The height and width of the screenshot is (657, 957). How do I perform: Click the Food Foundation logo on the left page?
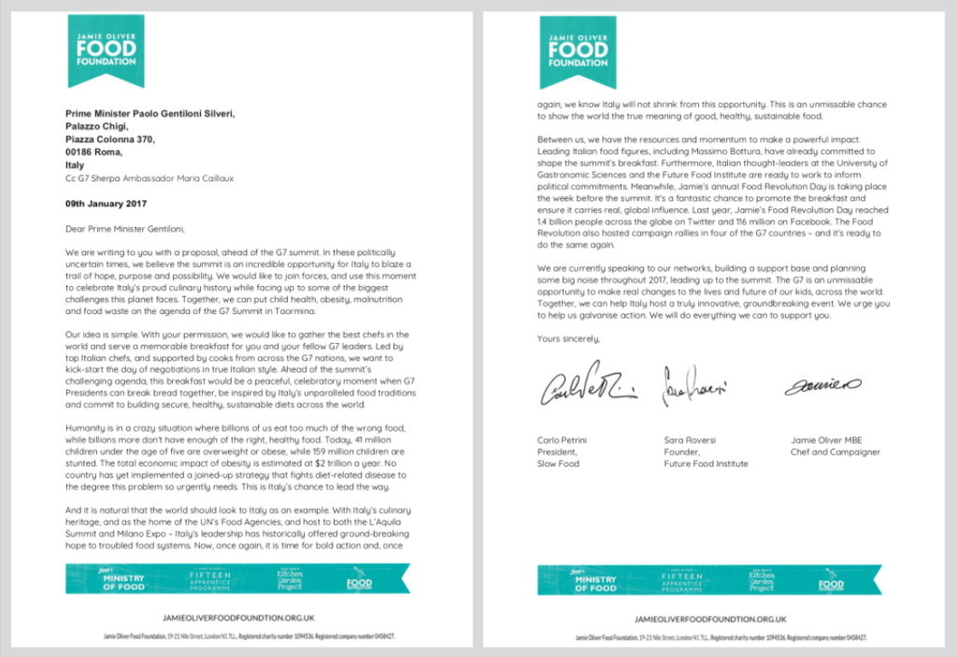105,51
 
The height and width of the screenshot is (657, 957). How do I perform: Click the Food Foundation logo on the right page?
578,51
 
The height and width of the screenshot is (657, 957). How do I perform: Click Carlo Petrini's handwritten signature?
589,391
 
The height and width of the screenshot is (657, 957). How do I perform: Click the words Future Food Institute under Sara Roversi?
703,464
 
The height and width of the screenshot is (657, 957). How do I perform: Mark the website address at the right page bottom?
709,619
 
